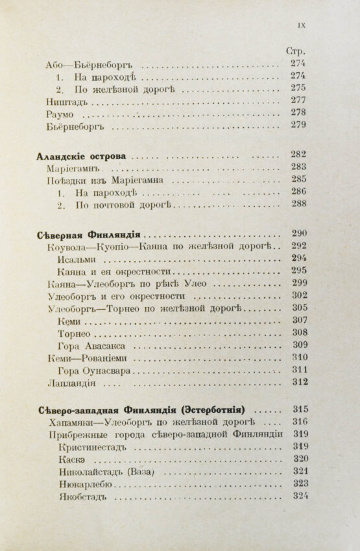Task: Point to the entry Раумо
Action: [x=60, y=114]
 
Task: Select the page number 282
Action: [x=298, y=155]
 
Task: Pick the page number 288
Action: [x=298, y=204]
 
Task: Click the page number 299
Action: [x=298, y=283]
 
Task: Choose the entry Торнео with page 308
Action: [x=76, y=333]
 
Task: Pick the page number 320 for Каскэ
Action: [x=300, y=459]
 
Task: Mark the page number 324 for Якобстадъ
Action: [x=300, y=496]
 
